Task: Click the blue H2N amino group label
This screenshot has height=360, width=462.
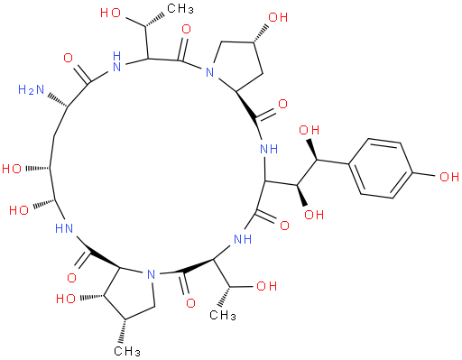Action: pos(31,90)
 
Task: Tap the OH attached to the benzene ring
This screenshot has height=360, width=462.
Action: pos(449,177)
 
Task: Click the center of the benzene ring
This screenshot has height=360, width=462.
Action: pos(381,169)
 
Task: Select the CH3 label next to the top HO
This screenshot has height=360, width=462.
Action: pos(180,9)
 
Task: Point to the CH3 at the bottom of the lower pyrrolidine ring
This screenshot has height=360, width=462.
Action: pos(127,351)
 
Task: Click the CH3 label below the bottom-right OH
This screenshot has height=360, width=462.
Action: pos(223,315)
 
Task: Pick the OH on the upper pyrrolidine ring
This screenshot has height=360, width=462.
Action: pos(278,17)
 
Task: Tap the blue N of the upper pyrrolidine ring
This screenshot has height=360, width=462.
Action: pos(209,72)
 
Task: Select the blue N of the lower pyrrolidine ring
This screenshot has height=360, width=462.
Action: pos(151,274)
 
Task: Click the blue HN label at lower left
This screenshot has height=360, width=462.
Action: pos(64,228)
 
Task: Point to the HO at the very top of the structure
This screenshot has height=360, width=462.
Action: pos(110,13)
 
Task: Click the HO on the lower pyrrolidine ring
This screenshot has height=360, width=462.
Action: pos(66,299)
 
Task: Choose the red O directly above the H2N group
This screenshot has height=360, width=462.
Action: pos(69,59)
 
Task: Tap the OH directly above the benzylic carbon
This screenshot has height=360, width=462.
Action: pos(310,130)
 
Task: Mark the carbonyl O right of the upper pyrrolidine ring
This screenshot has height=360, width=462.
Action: pos(282,104)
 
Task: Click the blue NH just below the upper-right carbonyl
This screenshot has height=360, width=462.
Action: pos(269,149)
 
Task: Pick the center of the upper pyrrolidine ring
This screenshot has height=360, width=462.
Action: pos(238,65)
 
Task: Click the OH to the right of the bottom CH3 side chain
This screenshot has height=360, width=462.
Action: pos(266,286)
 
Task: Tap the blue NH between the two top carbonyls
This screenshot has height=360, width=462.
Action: pos(116,61)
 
